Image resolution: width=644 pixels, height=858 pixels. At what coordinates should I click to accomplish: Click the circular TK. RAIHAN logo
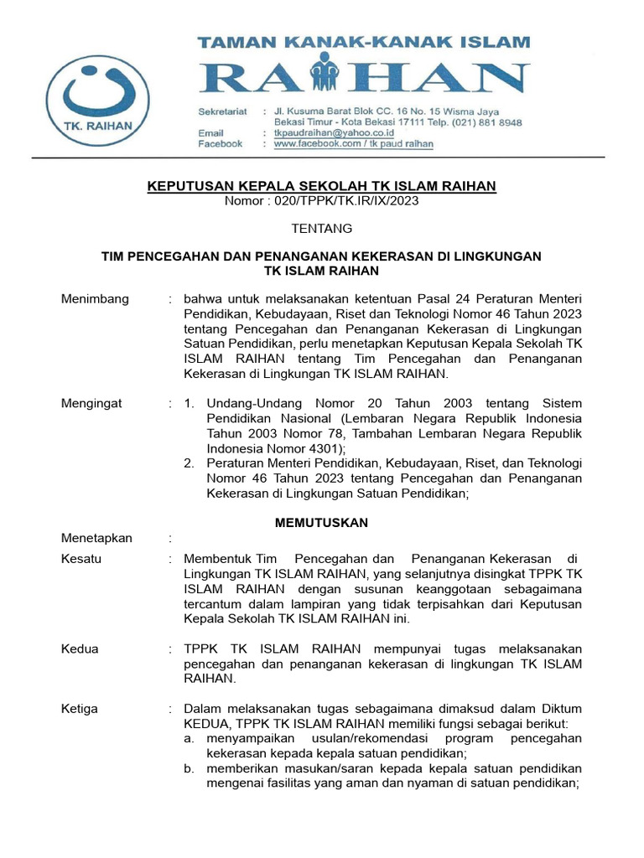(x=101, y=102)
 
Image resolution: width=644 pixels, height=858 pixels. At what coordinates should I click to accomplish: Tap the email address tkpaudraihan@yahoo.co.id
(x=326, y=132)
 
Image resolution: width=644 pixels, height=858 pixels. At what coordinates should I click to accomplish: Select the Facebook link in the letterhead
(x=353, y=144)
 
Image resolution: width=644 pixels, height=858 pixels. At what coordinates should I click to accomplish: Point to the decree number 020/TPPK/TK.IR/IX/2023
(x=322, y=201)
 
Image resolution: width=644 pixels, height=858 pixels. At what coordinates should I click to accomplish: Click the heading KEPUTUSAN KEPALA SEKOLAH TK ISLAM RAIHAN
(x=322, y=185)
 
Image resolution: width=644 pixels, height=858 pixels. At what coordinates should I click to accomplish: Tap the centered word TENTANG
(x=322, y=229)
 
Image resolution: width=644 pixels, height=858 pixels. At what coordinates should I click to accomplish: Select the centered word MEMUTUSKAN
(x=322, y=522)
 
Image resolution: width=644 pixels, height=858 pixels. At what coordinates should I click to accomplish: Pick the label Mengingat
(x=91, y=403)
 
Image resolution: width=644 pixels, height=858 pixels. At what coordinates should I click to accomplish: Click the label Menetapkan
(x=96, y=538)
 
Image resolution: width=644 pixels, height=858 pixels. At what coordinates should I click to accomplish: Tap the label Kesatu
(x=81, y=558)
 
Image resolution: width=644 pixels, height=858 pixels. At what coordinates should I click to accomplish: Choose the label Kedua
(x=80, y=649)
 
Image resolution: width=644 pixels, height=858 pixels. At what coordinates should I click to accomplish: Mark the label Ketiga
(x=80, y=708)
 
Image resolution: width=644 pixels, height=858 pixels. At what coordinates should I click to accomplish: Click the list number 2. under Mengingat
(x=190, y=463)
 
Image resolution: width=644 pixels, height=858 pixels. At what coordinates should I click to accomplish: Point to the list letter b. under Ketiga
(x=190, y=768)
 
